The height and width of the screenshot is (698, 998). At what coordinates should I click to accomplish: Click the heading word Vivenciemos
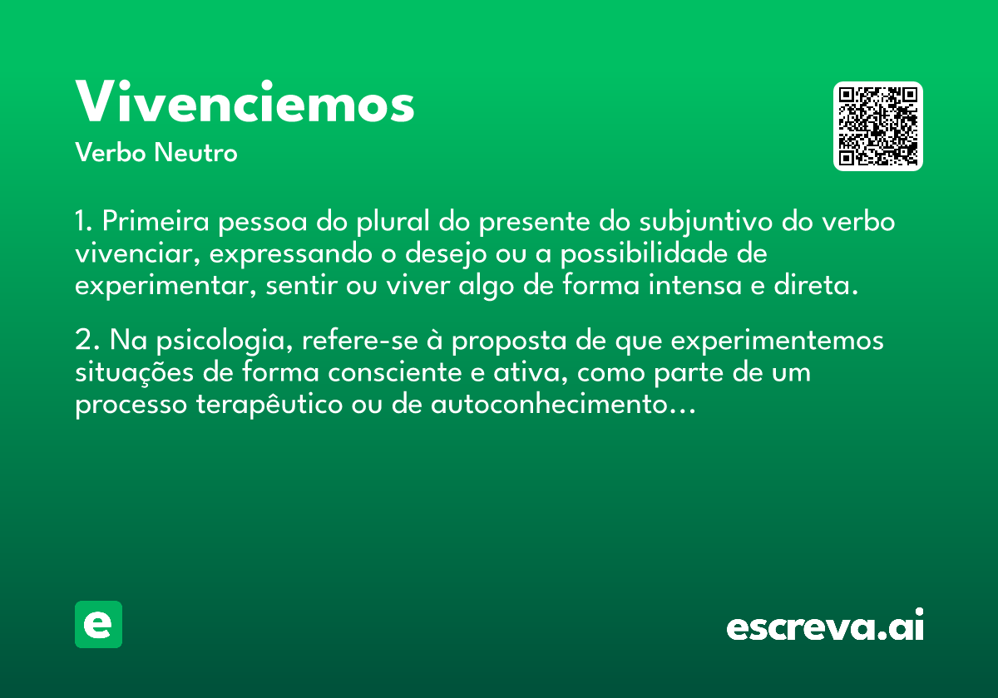[x=245, y=101]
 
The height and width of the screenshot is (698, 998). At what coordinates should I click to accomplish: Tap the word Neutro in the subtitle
[x=195, y=153]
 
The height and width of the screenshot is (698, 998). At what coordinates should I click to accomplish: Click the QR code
[x=877, y=126]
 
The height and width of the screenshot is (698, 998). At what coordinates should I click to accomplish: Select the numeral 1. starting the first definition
[x=83, y=221]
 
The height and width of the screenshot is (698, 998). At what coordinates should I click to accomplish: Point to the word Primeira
[x=156, y=221]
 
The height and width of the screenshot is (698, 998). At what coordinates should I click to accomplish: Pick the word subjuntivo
[x=706, y=222]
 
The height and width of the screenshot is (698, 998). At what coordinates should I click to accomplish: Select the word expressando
[x=290, y=254]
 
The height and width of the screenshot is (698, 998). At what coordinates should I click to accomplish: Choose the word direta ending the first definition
[x=816, y=285]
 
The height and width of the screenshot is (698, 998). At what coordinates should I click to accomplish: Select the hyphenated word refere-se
[x=360, y=340]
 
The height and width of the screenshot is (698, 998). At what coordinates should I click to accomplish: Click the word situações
[x=134, y=372]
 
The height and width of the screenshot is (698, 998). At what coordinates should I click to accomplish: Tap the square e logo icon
[x=98, y=624]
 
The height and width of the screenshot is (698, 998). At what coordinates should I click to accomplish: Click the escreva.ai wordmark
[x=825, y=624]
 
